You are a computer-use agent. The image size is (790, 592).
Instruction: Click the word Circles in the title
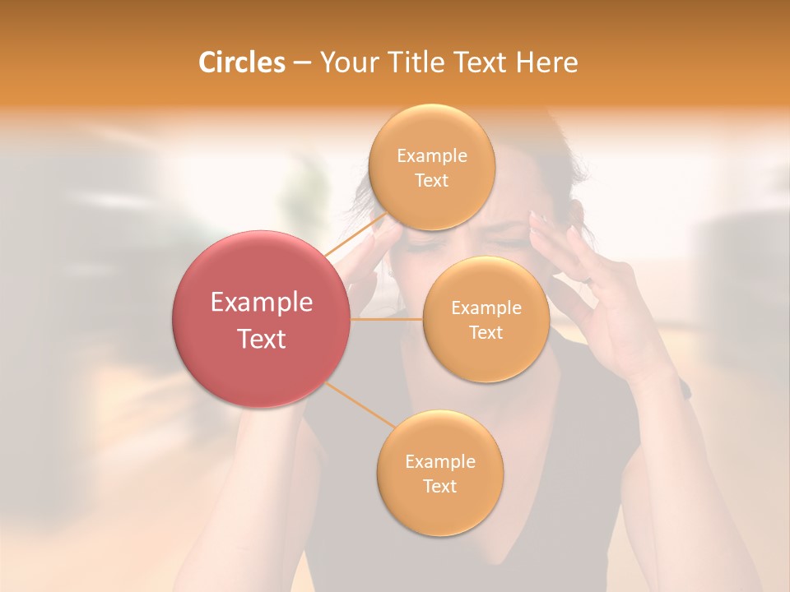coord(242,62)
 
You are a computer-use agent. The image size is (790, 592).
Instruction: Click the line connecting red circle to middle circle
coord(387,319)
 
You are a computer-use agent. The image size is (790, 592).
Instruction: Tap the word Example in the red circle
coord(262,303)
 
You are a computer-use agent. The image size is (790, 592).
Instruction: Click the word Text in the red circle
coord(262,339)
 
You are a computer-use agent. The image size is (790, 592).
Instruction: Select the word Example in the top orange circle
coord(432,156)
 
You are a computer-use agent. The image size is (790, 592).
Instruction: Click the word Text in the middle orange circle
coord(486,333)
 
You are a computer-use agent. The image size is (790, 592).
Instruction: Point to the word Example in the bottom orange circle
coord(440,462)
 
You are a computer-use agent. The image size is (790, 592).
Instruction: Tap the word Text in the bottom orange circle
coord(440,487)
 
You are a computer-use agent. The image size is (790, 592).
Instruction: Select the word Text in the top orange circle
coord(432,181)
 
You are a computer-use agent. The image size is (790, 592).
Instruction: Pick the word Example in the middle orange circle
coord(486,308)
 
